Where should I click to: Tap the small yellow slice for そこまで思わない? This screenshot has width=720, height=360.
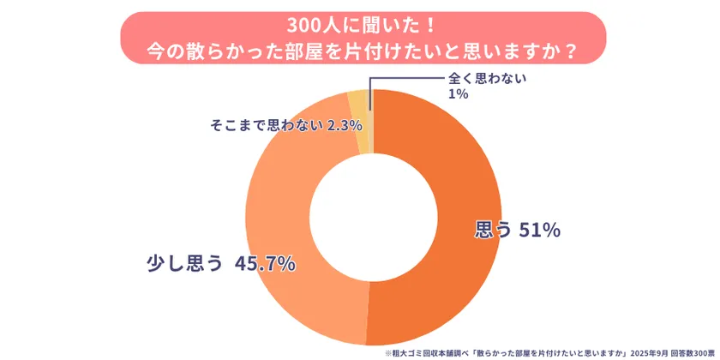(x=357, y=121)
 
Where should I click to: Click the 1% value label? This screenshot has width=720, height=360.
(x=458, y=93)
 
